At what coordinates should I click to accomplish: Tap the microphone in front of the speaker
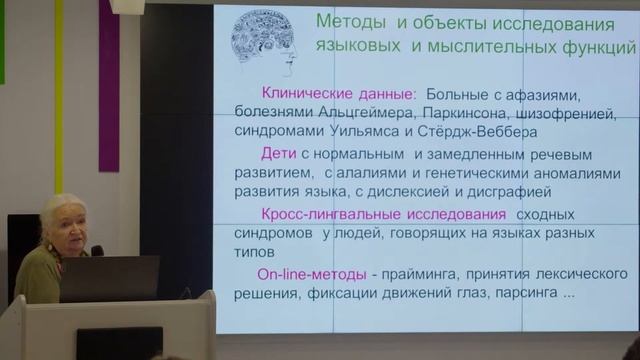(97, 250)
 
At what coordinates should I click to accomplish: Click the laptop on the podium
(110, 278)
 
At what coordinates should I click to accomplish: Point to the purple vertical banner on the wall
(108, 90)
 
